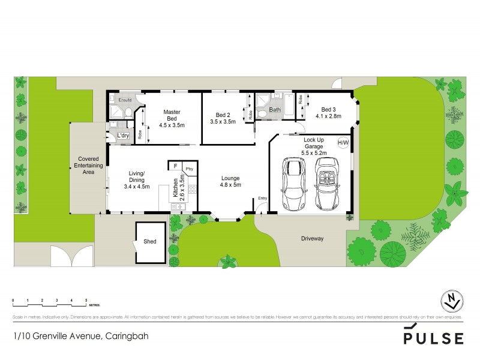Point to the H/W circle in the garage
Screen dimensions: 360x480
click(343, 143)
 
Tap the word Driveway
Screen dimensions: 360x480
click(312, 239)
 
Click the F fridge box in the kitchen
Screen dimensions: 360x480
click(175, 166)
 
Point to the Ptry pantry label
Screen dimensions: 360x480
click(189, 170)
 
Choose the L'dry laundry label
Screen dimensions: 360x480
click(124, 136)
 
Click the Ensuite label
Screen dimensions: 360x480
click(125, 99)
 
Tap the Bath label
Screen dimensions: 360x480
click(274, 110)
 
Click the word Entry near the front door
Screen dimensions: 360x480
click(262, 198)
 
